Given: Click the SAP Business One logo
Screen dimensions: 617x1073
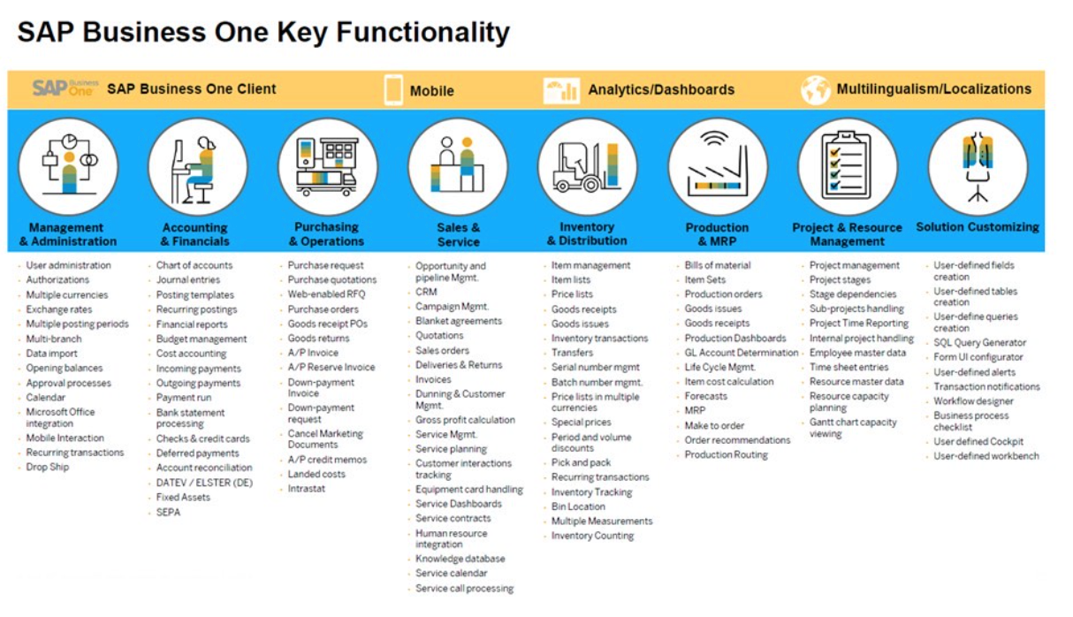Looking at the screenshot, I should pos(65,88).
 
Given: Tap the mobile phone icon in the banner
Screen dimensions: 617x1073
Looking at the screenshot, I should pos(393,89).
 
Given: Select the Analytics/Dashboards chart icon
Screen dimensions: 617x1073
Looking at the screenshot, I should pos(561,89).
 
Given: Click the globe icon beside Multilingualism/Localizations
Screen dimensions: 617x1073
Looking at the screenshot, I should pos(815,89).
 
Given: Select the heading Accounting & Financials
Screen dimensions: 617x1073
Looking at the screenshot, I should pos(195,234).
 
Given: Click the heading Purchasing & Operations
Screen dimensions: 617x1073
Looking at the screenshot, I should pos(326,234).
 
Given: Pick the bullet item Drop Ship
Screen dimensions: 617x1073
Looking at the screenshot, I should pos(47,468).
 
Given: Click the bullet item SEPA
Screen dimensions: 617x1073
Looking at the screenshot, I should pos(168,512).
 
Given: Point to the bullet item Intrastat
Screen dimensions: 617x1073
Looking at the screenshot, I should pos(306,489).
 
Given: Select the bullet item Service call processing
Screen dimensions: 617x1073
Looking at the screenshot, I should pos(464,589).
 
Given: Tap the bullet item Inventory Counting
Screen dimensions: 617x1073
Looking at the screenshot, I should pos(592,536).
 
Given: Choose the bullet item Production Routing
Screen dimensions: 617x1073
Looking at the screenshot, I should pos(726,455).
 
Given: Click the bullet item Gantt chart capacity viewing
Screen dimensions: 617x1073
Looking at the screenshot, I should pos(852,428).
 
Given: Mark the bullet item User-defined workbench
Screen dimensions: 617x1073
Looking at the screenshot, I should pos(986,457).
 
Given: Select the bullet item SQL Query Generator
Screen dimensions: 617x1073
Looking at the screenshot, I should pos(979,343).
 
